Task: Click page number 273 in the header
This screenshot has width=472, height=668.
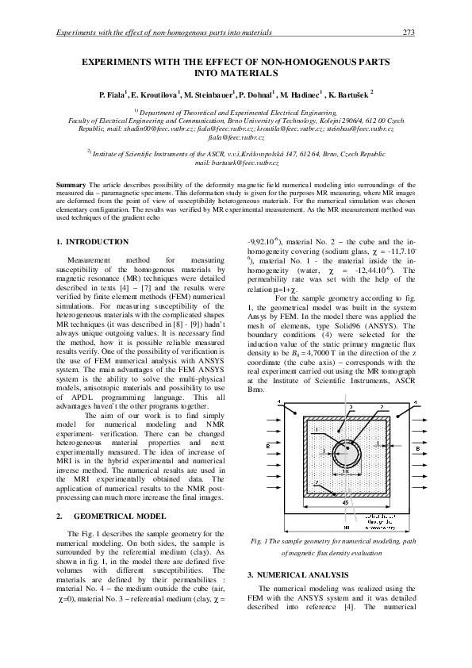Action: tap(409, 33)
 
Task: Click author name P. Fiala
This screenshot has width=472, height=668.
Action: tap(113, 94)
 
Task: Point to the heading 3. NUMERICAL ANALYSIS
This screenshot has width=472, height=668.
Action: tap(297, 573)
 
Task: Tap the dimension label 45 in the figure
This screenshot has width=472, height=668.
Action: tap(346, 502)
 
